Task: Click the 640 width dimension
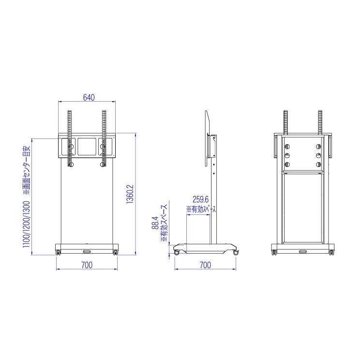(x=89, y=97)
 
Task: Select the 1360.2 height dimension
(x=130, y=194)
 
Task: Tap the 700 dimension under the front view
(x=87, y=265)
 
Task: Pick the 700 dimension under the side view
(x=205, y=265)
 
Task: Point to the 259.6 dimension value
(x=200, y=199)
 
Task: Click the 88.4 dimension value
(x=155, y=223)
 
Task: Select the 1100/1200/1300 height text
(x=26, y=225)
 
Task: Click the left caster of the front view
(x=58, y=252)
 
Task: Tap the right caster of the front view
(x=116, y=252)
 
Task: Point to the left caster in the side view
(x=177, y=252)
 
